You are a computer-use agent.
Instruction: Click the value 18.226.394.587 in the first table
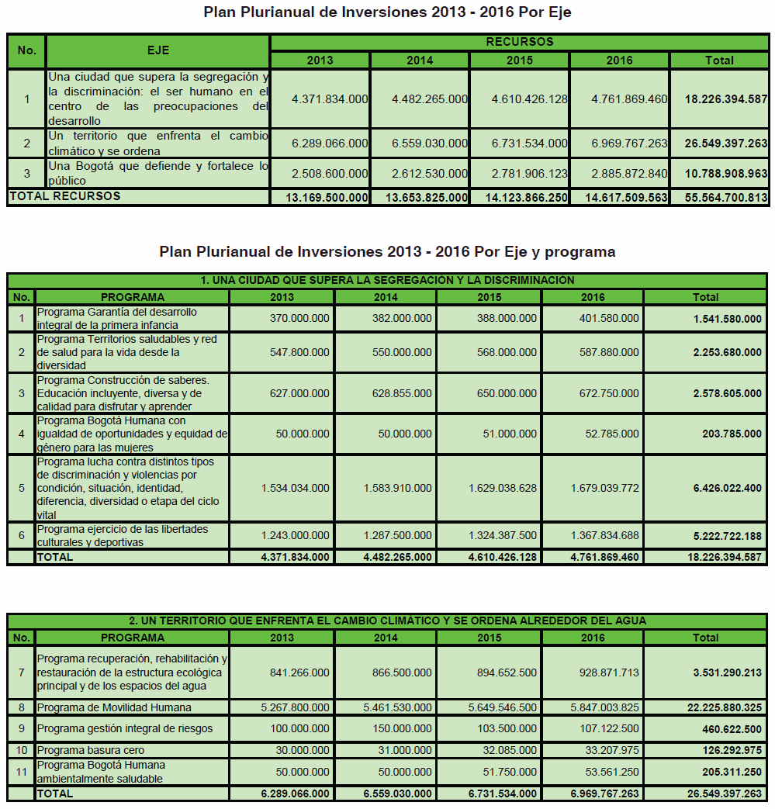coord(726,99)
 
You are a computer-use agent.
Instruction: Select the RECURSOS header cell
coord(519,42)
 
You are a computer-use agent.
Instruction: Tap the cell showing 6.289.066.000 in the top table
coord(330,143)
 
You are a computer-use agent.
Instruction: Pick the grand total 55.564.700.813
coord(726,198)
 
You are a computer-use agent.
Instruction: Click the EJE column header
coord(158,50)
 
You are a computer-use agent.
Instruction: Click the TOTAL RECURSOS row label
coord(65,197)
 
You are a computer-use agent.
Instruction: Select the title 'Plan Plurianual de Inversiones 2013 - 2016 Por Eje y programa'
coord(387,252)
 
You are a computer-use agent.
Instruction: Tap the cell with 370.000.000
coord(299,318)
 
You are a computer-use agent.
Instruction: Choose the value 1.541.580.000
coord(728,318)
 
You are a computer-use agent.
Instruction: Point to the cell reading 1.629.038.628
coord(502,488)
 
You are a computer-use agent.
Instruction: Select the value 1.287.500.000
coord(398,536)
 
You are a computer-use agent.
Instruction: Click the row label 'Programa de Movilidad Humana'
coord(114,707)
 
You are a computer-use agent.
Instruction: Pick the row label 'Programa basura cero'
coord(91,750)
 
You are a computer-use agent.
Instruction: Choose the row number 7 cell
coord(22,672)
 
